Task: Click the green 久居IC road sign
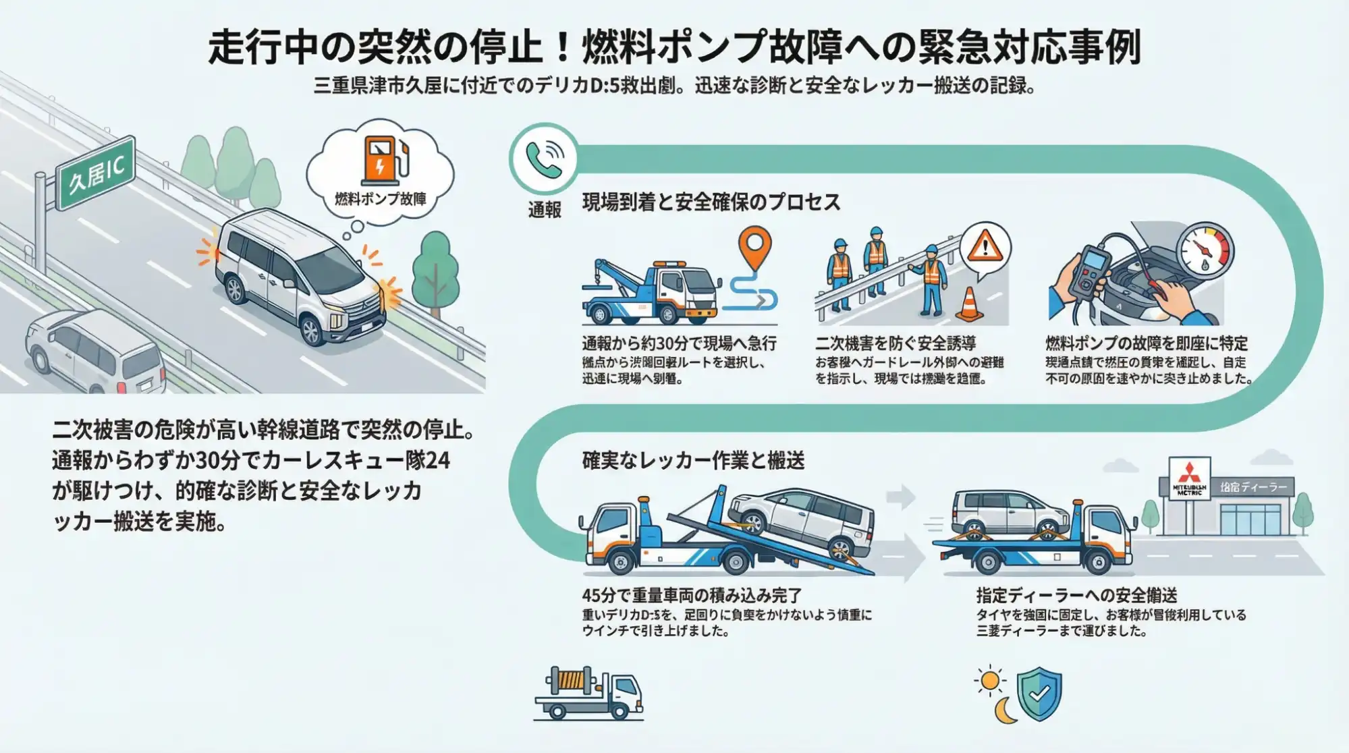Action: [97, 173]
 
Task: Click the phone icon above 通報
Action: [544, 159]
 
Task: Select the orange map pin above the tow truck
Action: [754, 246]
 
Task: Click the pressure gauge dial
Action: [1205, 250]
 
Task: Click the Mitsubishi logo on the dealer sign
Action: [1189, 471]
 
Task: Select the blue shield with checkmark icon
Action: [1039, 694]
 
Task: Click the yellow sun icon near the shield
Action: [990, 681]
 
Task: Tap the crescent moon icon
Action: [1005, 710]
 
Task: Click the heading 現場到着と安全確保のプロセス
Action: [711, 202]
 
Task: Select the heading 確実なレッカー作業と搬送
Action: [693, 461]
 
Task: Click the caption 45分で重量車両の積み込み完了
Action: [691, 595]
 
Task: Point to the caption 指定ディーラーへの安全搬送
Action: [1076, 595]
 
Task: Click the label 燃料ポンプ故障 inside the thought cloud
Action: [381, 199]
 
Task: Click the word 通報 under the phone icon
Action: [545, 211]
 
